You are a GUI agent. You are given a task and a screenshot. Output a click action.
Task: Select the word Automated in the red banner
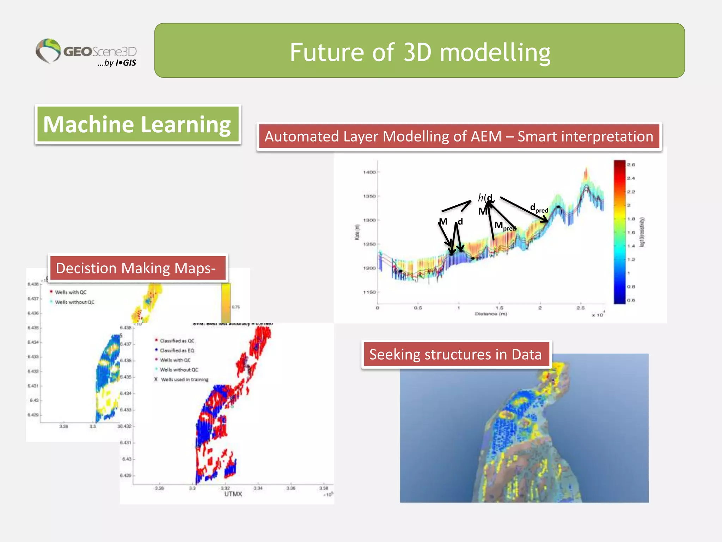click(x=301, y=137)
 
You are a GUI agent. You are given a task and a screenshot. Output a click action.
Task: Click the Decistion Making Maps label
click(x=136, y=268)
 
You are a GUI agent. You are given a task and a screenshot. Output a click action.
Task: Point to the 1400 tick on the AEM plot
click(x=369, y=172)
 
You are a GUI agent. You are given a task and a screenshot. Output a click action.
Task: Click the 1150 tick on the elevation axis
click(x=369, y=292)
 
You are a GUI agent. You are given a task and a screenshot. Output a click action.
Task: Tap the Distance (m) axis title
click(x=490, y=314)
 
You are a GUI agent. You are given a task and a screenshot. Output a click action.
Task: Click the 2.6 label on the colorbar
click(x=631, y=165)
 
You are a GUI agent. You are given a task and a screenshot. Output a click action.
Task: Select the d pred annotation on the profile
click(x=539, y=208)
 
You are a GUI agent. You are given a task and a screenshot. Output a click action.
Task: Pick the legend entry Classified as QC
click(x=177, y=341)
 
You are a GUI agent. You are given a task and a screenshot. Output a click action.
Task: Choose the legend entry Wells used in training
click(x=184, y=380)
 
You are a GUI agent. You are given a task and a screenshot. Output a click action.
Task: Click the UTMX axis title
click(x=233, y=494)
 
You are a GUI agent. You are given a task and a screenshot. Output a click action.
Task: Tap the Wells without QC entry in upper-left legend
click(x=74, y=302)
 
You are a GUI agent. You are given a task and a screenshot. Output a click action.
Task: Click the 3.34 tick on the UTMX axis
click(x=258, y=488)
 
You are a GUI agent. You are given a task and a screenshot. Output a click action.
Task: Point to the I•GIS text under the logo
click(x=126, y=63)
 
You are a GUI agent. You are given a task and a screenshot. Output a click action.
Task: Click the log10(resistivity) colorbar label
click(x=642, y=232)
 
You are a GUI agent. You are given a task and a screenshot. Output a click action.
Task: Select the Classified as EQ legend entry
click(x=177, y=350)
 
